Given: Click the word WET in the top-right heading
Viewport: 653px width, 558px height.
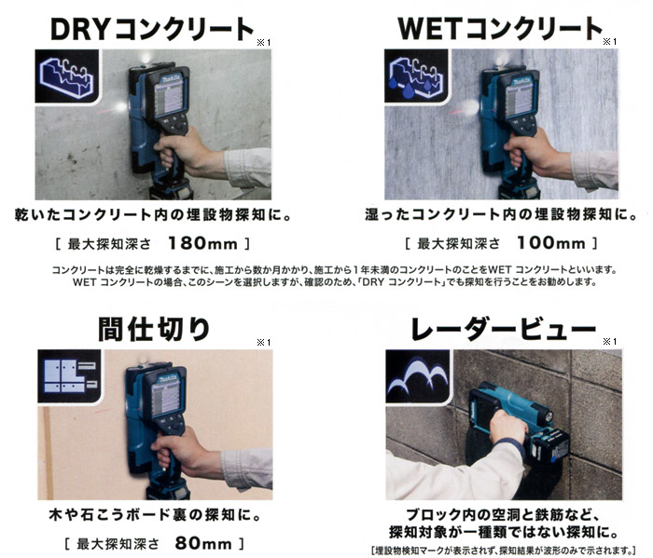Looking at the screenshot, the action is coord(431,28).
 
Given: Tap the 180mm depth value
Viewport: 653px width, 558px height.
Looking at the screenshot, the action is coord(202,243).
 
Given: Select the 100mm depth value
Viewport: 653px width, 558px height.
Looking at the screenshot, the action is coord(551,243).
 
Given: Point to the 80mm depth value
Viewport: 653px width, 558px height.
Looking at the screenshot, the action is coord(203,543).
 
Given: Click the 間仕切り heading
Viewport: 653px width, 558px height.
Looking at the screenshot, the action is coord(154,329).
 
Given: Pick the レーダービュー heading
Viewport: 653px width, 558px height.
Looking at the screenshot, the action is coord(503,329).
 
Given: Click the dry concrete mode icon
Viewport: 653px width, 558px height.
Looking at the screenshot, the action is coord(66,76).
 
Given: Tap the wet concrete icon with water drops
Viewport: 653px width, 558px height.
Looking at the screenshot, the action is coord(416,76).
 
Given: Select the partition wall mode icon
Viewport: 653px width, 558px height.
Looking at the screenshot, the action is coord(70,376).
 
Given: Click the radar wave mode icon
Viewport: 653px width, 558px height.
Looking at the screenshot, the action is coord(418,376).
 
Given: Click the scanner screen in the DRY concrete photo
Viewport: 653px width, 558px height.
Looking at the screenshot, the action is coord(169,99).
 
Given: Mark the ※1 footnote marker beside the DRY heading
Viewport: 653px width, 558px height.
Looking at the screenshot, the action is coord(264,43).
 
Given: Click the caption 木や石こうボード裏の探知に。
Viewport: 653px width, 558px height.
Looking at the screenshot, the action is coord(155,515).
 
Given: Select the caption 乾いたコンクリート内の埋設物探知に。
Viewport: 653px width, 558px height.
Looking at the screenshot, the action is coord(153,214).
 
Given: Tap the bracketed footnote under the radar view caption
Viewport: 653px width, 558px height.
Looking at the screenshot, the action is coord(504,551).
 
